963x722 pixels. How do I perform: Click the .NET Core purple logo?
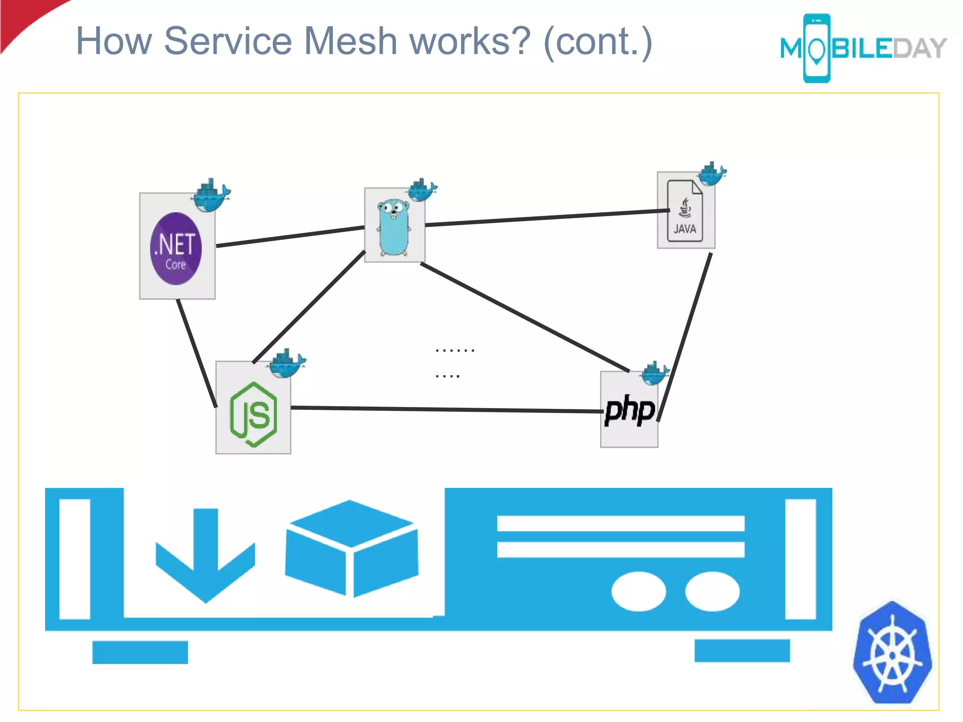[x=176, y=249]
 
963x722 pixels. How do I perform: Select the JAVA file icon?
[x=685, y=211]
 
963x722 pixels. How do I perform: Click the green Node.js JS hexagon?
[x=253, y=414]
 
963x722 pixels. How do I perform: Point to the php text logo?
[x=629, y=410]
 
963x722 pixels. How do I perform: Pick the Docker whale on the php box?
[x=655, y=373]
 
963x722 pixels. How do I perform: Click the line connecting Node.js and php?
[x=447, y=409]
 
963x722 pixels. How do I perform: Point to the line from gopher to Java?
[x=545, y=218]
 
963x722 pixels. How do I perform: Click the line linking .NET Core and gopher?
[x=290, y=236]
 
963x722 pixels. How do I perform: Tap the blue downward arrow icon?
[x=205, y=555]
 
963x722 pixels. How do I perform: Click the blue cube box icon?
[x=351, y=548]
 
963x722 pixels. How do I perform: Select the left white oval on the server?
[x=638, y=591]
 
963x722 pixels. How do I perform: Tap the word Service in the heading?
[x=228, y=41]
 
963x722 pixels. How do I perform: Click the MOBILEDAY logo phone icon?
[x=817, y=48]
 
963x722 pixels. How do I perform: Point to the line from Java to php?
[x=685, y=336]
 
